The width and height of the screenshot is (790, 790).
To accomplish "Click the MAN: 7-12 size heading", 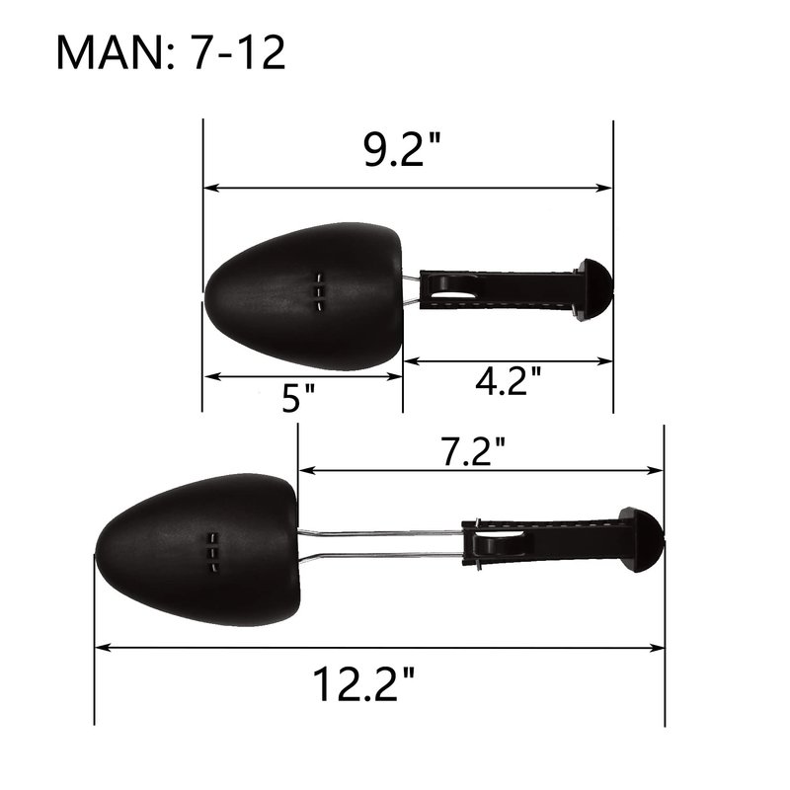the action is click(x=171, y=52).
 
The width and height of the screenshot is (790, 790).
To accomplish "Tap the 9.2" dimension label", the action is click(x=402, y=149).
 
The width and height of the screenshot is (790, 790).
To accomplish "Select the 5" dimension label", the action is click(x=298, y=398).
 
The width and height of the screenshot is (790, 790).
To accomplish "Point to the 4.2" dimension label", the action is click(x=508, y=380).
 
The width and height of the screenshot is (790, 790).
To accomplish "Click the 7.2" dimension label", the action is click(x=472, y=450).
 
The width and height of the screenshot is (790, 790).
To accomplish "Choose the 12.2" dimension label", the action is click(x=362, y=683).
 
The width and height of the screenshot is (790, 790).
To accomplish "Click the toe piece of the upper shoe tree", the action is click(x=303, y=296).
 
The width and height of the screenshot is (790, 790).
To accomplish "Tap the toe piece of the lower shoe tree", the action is click(x=197, y=550).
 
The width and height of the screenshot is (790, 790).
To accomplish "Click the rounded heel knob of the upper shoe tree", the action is click(x=595, y=290).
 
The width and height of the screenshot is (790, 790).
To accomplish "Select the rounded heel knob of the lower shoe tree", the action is click(x=641, y=539).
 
